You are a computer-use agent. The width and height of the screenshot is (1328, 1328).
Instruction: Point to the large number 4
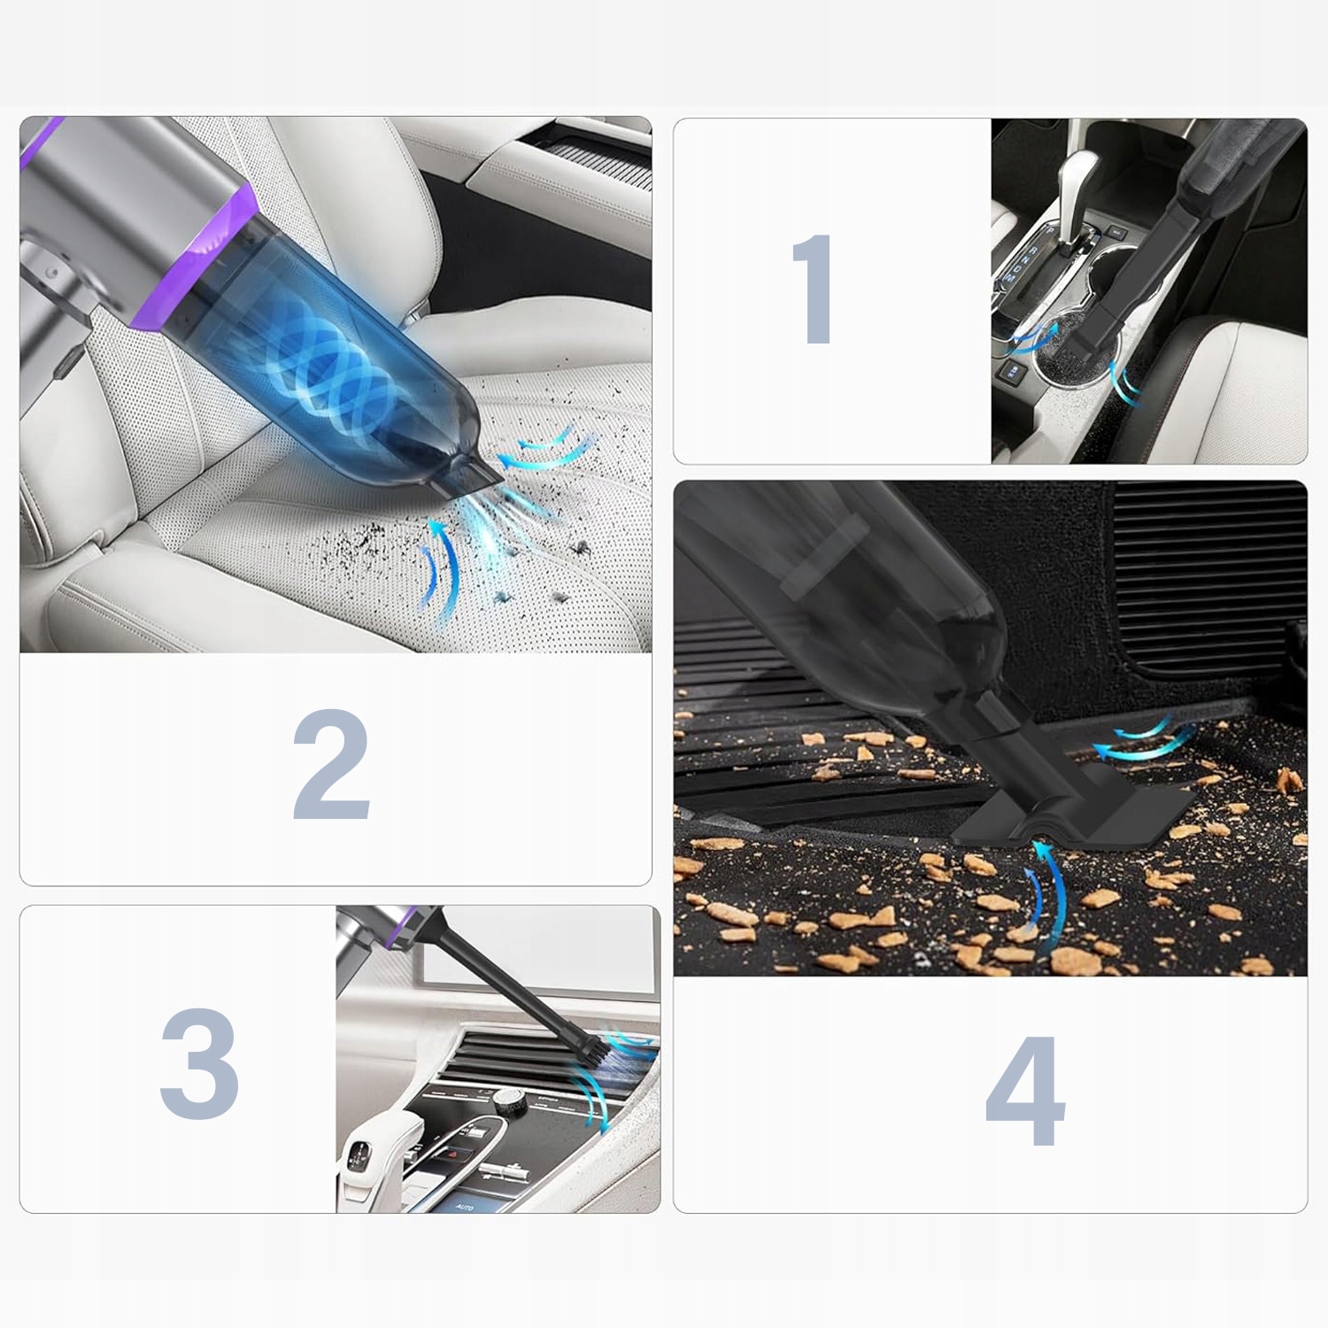tap(1025, 1091)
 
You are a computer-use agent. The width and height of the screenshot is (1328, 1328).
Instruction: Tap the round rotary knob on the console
tap(507, 1099)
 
